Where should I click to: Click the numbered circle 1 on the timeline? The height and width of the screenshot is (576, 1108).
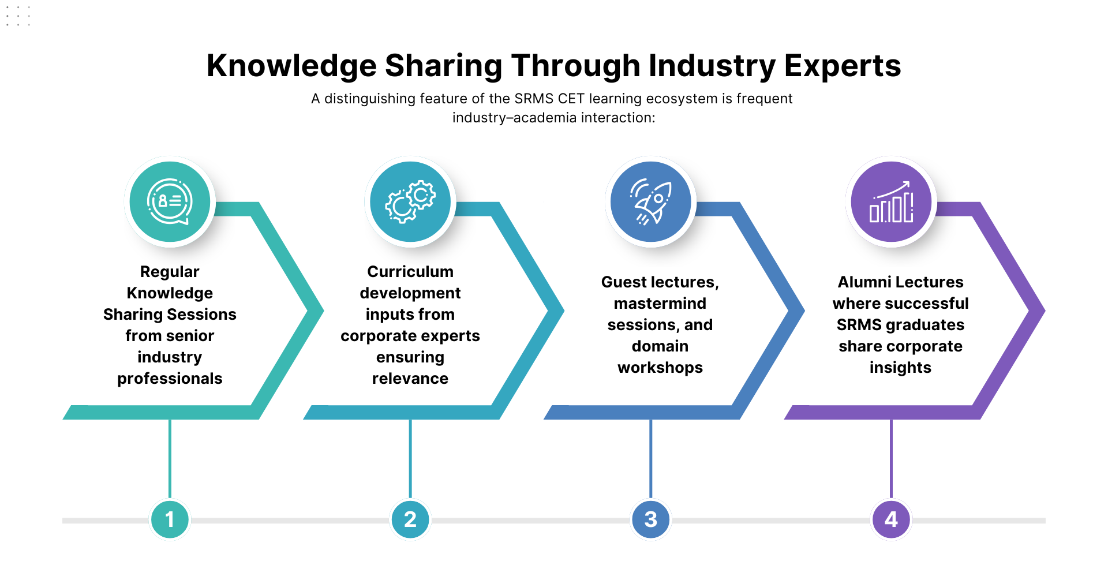(170, 519)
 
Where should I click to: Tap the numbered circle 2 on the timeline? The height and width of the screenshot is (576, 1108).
(410, 519)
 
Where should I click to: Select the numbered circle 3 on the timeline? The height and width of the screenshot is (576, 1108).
(651, 519)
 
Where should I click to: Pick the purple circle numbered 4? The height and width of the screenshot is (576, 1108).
(891, 519)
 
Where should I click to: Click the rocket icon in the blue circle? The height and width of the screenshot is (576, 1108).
(651, 202)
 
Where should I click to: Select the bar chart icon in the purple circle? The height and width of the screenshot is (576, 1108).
(891, 202)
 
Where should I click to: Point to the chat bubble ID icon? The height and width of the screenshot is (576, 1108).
(170, 201)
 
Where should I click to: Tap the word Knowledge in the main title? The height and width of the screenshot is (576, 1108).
(291, 66)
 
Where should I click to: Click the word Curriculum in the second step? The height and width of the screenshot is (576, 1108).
(410, 272)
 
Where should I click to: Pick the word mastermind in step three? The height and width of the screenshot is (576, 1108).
(660, 304)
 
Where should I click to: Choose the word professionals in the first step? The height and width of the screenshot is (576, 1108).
(170, 379)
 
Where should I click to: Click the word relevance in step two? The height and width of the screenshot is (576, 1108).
(410, 379)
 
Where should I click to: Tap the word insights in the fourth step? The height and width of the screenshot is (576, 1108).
(900, 368)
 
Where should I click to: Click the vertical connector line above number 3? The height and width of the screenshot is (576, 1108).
(651, 459)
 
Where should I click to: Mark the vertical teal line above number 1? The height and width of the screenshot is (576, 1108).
(170, 459)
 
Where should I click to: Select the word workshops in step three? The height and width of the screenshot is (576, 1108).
(660, 368)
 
